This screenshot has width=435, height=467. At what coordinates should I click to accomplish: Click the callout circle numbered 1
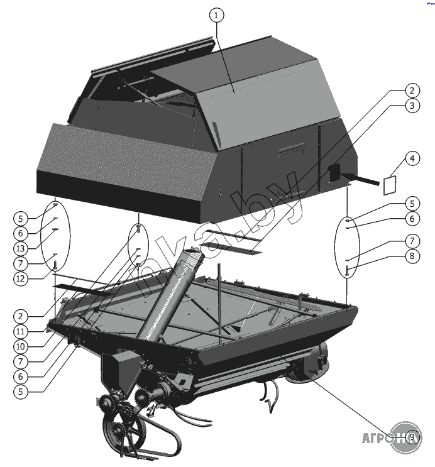pos(216,16)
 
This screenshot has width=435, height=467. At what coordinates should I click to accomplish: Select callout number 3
pos(411,106)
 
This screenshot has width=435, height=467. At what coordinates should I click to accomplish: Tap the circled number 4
pos(411,158)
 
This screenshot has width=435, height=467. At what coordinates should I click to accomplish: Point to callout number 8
pos(411,256)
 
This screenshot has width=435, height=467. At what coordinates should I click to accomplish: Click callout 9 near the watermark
pos(412,437)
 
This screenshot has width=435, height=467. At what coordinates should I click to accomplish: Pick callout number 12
pos(21,277)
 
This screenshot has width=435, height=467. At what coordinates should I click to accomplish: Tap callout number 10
pos(21,346)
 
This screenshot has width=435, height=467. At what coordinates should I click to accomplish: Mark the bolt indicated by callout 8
pos(347,272)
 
